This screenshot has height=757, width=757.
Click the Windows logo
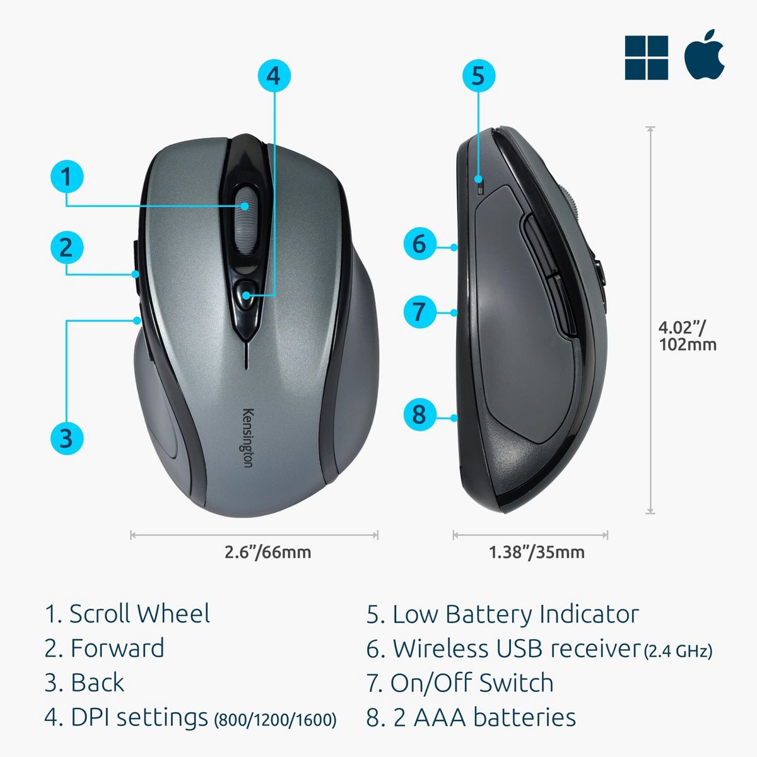pos(646,58)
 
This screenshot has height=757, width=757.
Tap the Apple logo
pos(705,55)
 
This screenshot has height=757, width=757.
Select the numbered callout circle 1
pos(67,176)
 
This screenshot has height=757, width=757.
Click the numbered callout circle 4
pos(274,76)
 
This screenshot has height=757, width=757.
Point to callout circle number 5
pos(478,76)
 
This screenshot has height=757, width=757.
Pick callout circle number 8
pos(420,414)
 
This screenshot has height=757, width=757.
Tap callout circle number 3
pos(67,438)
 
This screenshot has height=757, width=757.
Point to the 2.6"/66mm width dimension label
pos(268,552)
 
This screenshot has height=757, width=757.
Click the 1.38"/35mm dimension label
pos(537,552)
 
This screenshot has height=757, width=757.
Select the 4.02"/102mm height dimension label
pos(688,336)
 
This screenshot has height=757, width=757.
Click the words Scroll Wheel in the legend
pos(139,613)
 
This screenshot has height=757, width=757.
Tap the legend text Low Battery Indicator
pos(516,614)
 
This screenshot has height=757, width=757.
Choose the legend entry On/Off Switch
pos(472,683)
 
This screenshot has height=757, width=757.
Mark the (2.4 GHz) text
pos(678,651)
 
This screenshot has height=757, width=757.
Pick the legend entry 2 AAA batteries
pos(484,717)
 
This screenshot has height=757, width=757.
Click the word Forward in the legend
pos(117,648)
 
